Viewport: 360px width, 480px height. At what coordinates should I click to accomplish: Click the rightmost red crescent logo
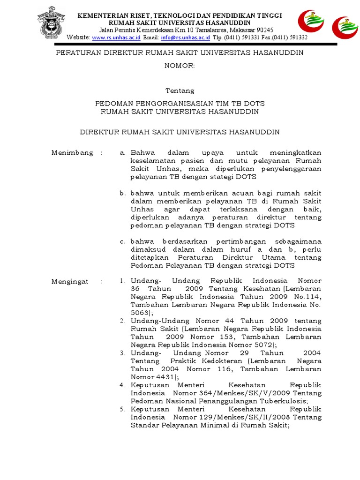(345, 28)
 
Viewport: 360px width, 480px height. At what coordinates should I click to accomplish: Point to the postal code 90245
(263, 30)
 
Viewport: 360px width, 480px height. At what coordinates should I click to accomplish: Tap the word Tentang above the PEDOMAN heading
(180, 90)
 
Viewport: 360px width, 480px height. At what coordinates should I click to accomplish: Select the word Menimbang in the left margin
(72, 153)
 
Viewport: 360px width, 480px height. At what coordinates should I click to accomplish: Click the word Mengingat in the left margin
(70, 281)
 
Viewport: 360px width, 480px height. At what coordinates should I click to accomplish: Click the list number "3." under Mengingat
(122, 353)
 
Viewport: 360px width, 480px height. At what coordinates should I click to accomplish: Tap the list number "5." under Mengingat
(122, 409)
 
